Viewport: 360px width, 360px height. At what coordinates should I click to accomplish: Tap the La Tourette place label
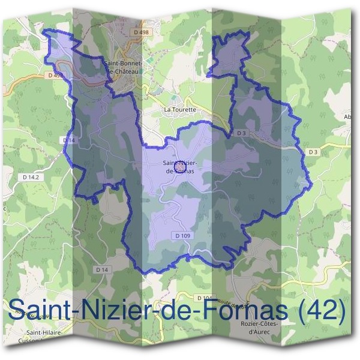[x=180, y=110]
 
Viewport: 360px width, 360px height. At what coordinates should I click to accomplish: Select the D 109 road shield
[x=183, y=236]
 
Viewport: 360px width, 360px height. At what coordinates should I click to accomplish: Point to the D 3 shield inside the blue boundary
[x=241, y=133]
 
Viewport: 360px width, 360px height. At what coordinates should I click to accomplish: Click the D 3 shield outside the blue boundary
[x=313, y=152]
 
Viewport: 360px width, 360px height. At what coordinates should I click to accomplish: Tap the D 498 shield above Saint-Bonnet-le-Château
[x=141, y=31]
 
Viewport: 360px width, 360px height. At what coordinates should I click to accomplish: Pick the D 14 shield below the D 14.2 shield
[x=103, y=271]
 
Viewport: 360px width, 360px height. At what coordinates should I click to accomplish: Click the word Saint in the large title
[x=37, y=310]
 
